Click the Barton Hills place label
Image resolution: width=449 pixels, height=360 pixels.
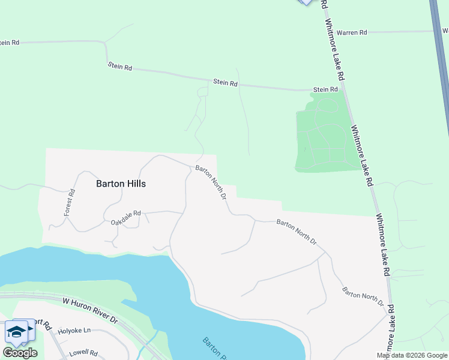[121, 184]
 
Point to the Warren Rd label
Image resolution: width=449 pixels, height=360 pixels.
[352, 32]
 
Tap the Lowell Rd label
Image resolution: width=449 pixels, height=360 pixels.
[83, 353]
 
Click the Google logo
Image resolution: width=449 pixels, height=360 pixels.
[20, 353]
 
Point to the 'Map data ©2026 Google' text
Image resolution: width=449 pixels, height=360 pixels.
[412, 355]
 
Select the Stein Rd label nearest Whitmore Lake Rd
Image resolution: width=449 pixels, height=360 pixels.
[325, 89]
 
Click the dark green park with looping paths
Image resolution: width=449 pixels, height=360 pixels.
[324, 135]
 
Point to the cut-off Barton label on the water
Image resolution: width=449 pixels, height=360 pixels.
[213, 349]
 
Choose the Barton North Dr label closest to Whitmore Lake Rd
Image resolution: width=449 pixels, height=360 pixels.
[363, 296]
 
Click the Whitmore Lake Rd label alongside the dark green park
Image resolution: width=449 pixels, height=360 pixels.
[362, 155]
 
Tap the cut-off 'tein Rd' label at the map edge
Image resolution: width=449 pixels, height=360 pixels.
[10, 43]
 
